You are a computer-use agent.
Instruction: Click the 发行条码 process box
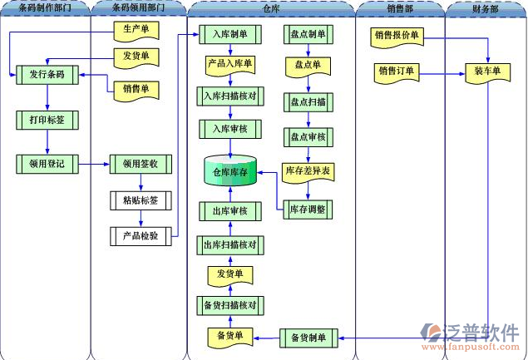click(47, 75)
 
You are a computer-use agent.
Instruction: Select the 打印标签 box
click(47, 121)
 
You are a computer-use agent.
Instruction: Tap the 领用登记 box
click(47, 164)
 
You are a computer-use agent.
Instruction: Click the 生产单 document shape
click(136, 31)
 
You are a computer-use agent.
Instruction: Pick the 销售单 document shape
click(136, 91)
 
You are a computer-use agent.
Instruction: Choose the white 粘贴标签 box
click(141, 200)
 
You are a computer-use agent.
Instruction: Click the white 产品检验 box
click(141, 236)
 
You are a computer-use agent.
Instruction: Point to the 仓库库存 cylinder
click(230, 170)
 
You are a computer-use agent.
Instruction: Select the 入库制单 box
click(230, 34)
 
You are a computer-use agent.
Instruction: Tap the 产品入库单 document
click(230, 65)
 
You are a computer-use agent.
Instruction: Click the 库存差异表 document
click(308, 172)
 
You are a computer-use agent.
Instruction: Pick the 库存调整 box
click(308, 210)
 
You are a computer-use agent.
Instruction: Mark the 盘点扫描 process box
click(308, 102)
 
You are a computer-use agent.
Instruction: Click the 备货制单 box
click(308, 338)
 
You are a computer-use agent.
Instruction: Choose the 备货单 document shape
click(230, 337)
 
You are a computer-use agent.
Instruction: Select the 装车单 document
click(487, 73)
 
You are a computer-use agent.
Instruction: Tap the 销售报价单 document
click(397, 37)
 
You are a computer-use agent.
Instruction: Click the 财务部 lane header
click(486, 9)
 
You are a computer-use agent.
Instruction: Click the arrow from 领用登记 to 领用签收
click(94, 164)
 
